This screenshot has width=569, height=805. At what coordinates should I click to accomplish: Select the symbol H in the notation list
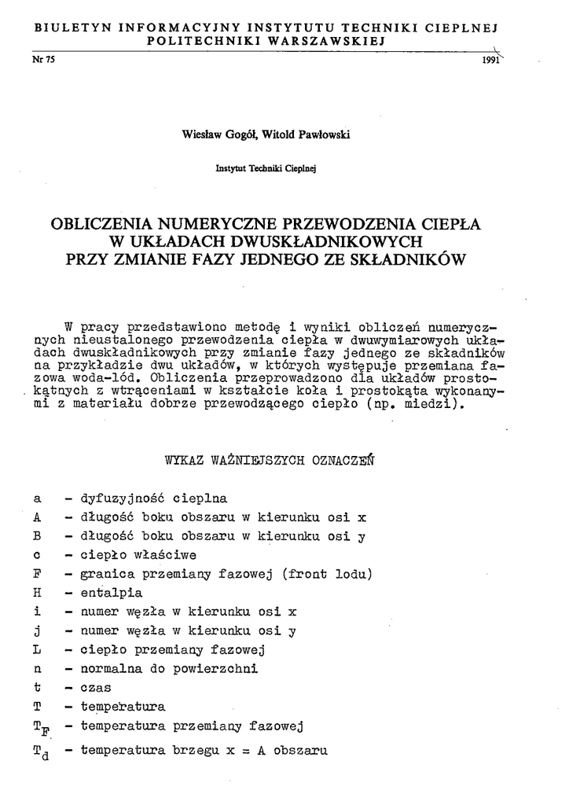37,592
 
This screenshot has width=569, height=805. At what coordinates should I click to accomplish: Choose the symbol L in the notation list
37,649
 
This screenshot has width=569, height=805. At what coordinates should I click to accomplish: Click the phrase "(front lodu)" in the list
335,573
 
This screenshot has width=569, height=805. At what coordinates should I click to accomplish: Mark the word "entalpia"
112,592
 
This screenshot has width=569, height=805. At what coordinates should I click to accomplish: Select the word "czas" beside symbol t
97,687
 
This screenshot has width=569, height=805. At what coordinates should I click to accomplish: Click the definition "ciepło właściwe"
138,554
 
